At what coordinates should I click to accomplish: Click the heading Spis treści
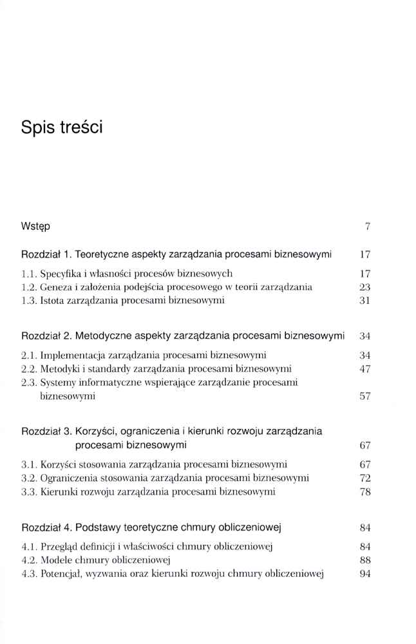(x=62, y=127)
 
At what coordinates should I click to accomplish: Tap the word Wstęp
(x=37, y=227)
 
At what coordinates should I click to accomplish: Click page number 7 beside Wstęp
(x=367, y=227)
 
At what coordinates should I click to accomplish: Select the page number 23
(x=364, y=287)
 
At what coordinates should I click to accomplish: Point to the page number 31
(x=364, y=300)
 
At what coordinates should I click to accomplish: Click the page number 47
(x=364, y=369)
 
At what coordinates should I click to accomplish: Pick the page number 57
(x=364, y=397)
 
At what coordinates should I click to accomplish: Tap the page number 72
(x=364, y=478)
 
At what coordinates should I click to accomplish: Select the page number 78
(x=364, y=492)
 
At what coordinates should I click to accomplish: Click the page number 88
(x=364, y=560)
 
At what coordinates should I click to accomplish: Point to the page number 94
(x=364, y=574)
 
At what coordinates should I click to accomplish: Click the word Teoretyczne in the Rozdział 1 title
(x=108, y=254)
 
